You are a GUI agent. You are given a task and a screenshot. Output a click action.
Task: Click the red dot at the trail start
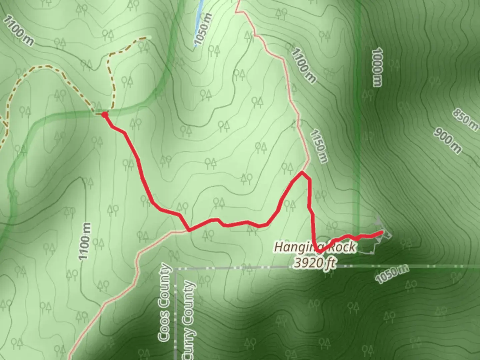click(105, 115)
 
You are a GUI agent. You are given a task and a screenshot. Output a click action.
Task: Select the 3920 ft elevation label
click(314, 263)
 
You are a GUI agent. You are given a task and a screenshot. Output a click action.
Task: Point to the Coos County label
click(164, 303)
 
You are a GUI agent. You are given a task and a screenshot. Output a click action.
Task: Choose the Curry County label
click(189, 320)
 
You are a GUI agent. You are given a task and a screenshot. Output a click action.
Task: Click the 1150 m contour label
click(318, 147)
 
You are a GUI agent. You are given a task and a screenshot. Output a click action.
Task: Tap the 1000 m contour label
click(377, 67)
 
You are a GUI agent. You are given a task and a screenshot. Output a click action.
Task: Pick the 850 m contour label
click(465, 119)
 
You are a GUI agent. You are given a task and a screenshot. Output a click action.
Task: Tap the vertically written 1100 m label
click(85, 241)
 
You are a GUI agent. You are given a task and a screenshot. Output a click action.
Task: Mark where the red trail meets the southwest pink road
click(189, 230)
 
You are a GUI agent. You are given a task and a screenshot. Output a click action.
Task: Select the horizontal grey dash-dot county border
click(400, 267)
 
